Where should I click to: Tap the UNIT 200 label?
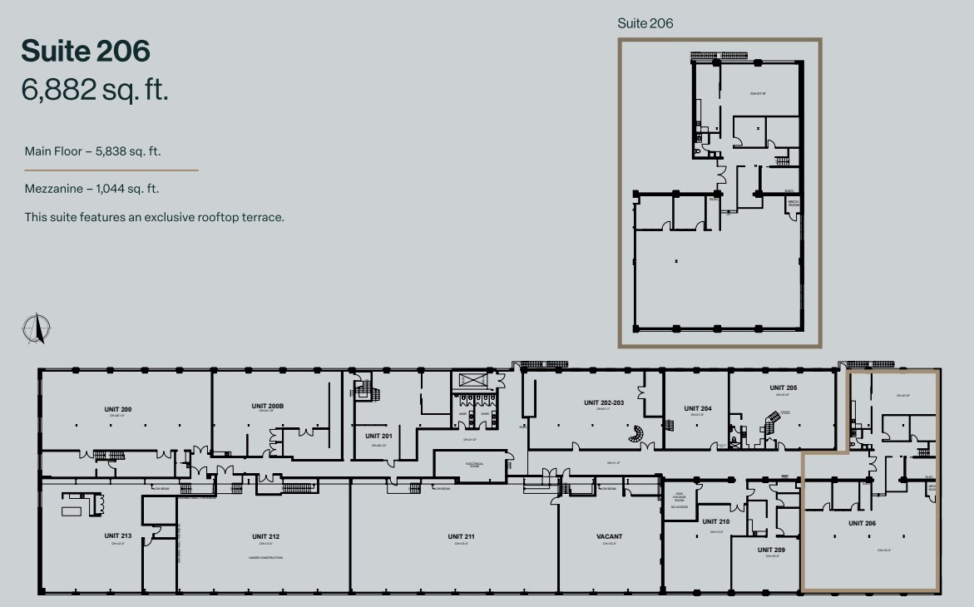pos(118,409)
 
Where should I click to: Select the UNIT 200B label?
pos(268,406)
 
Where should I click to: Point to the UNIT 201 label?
pos(378,436)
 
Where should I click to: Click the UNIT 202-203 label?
pos(604,402)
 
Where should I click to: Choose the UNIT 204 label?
pos(697,408)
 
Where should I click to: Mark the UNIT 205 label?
pos(783,388)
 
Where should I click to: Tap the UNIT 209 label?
pos(771,550)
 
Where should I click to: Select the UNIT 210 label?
pos(715,521)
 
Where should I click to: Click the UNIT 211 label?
pos(461,536)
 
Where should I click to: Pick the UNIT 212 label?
pos(265,536)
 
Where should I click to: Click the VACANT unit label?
pos(609,536)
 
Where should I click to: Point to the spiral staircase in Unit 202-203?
pos(636,433)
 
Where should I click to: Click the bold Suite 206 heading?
pos(86,51)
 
